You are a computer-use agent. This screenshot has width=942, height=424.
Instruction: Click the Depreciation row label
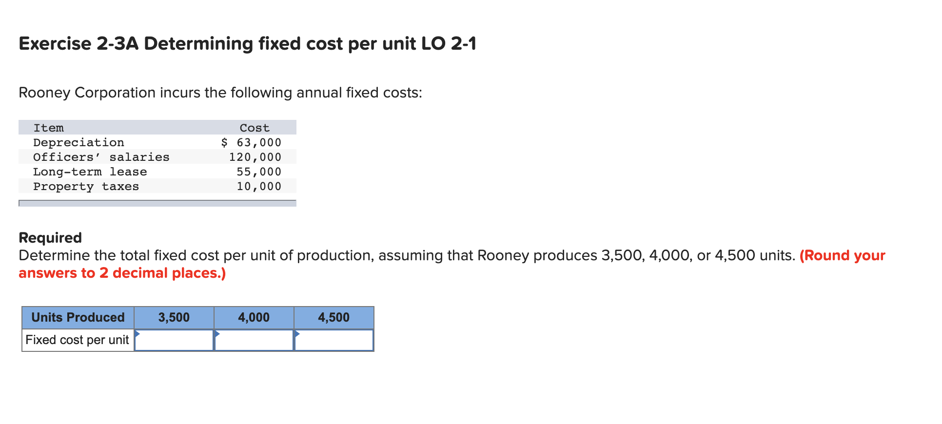pyautogui.click(x=78, y=142)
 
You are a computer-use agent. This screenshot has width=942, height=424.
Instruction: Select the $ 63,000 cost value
pyautogui.click(x=251, y=142)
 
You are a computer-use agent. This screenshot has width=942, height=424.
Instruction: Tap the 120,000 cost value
pyautogui.click(x=255, y=157)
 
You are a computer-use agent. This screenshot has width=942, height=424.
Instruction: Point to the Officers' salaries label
pyautogui.click(x=101, y=157)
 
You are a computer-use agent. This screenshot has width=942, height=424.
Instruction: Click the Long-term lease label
pyautogui.click(x=90, y=172)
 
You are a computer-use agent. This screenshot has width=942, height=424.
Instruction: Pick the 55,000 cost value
pyautogui.click(x=259, y=172)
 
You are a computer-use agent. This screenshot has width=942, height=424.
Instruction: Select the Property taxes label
pyautogui.click(x=86, y=186)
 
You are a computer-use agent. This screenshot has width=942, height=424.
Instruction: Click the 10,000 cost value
pyautogui.click(x=259, y=186)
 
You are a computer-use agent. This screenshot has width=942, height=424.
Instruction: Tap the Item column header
pyautogui.click(x=48, y=128)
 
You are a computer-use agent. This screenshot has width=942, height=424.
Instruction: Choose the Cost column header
pyautogui.click(x=255, y=128)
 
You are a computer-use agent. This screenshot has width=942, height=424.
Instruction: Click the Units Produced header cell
pyautogui.click(x=78, y=317)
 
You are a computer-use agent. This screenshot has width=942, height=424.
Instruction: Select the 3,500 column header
pyautogui.click(x=174, y=317)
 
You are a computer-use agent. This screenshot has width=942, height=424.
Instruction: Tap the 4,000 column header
pyautogui.click(x=254, y=317)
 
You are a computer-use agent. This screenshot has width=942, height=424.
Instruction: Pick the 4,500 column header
pyautogui.click(x=334, y=317)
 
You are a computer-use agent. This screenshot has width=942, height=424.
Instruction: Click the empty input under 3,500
pyautogui.click(x=174, y=340)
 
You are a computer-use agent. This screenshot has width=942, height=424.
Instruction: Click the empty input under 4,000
pyautogui.click(x=254, y=340)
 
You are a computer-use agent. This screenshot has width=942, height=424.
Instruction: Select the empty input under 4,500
pyautogui.click(x=334, y=340)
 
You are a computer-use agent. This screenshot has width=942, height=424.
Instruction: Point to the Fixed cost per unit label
pyautogui.click(x=77, y=340)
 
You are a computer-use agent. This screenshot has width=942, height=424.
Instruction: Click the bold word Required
pyautogui.click(x=50, y=237)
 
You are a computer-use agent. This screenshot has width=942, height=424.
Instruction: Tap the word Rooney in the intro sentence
pyautogui.click(x=44, y=93)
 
